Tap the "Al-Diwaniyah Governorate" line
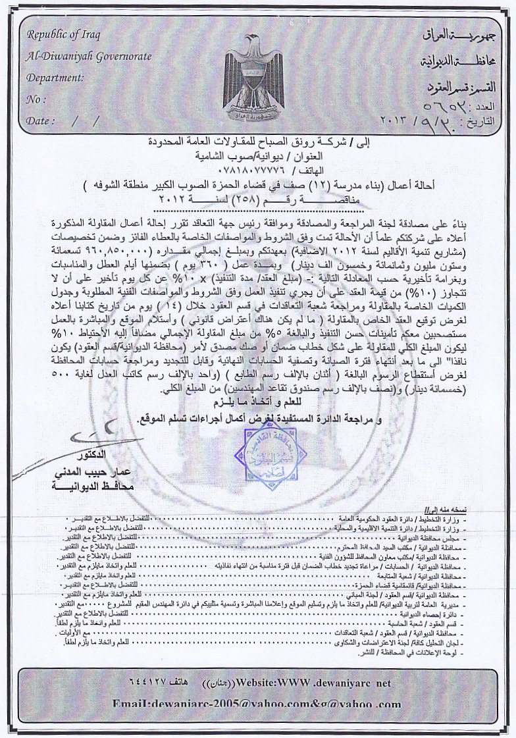coord(89,56)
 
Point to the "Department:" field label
coord(55,78)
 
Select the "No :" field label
coord(36,99)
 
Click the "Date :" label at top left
coord(40,121)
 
